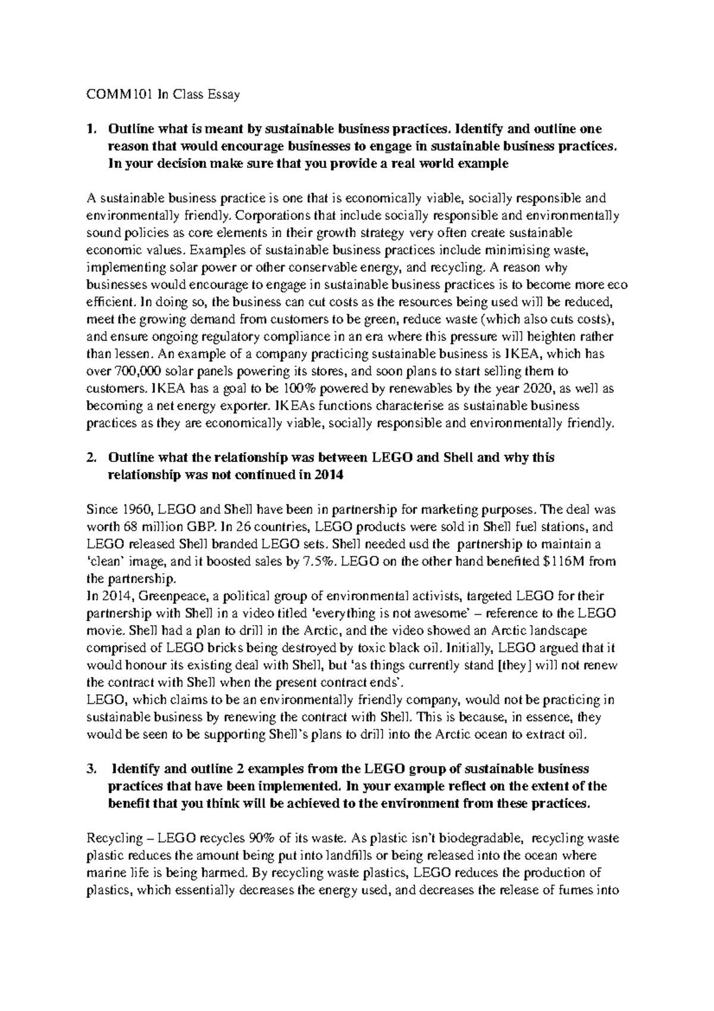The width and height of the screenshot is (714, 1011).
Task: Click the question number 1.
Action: [x=90, y=129]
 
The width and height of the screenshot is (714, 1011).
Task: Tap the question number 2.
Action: [x=90, y=458]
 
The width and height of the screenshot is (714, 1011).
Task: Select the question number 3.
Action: [x=90, y=769]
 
